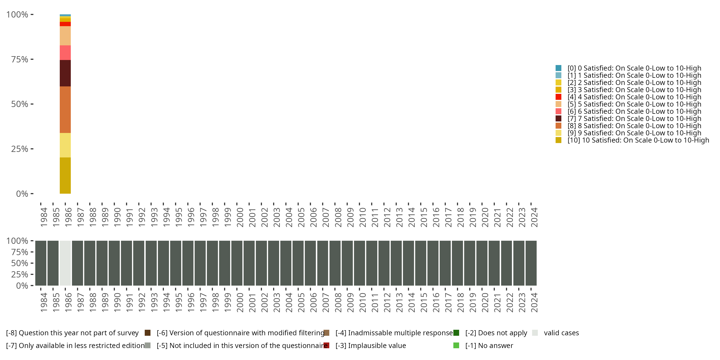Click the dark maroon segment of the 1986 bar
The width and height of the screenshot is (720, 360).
click(65, 73)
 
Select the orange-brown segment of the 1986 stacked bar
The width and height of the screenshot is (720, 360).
click(65, 110)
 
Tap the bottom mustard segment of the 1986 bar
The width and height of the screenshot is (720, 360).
click(65, 175)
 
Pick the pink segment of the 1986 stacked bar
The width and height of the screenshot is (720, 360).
click(65, 53)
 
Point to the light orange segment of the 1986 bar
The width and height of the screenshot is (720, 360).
click(65, 36)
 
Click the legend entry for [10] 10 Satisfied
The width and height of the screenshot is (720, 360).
click(638, 140)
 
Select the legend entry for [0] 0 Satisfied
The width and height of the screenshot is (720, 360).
click(634, 68)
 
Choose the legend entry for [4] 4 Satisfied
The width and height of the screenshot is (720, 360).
click(634, 97)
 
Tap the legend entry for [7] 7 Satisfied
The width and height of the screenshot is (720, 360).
click(634, 119)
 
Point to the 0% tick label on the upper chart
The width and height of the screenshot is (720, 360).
click(22, 194)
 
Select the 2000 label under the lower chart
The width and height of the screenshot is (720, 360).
click(240, 302)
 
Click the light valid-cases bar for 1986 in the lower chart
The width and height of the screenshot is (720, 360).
click(65, 263)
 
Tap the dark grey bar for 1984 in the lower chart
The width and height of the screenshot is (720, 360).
click(41, 263)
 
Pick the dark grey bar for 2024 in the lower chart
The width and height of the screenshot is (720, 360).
click(531, 263)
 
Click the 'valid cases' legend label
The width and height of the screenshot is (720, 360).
click(561, 333)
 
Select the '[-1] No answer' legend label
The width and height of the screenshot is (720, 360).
click(489, 345)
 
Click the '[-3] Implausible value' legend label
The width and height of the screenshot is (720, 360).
click(371, 345)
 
